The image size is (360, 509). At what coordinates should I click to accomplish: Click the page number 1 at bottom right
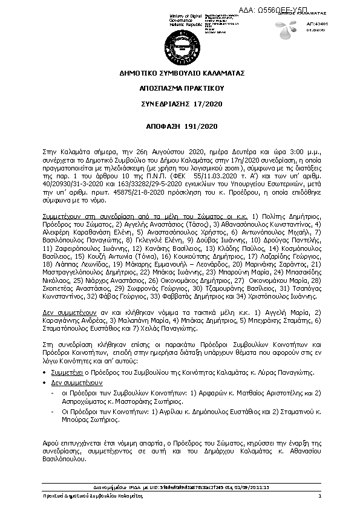coord(319,496)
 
